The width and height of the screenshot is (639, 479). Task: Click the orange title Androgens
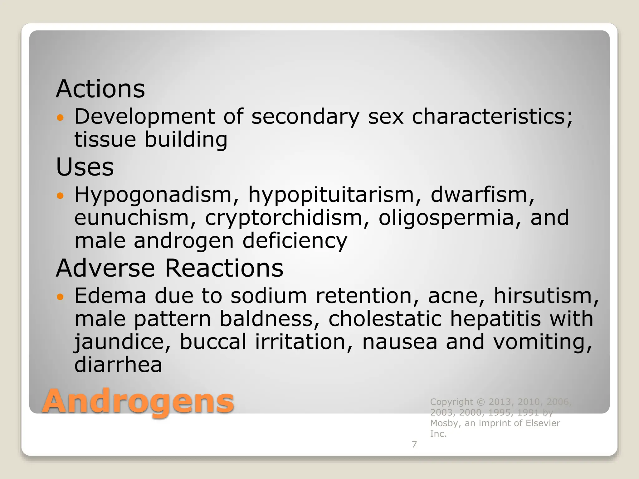tap(138, 401)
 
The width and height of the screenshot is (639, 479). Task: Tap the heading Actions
tap(100, 89)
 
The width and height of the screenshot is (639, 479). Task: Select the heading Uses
tap(85, 167)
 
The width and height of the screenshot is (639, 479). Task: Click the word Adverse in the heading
tap(105, 268)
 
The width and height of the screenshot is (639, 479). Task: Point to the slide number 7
tap(414, 444)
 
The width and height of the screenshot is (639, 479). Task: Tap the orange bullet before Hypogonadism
tap(60, 196)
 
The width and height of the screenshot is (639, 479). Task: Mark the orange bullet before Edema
tap(60, 297)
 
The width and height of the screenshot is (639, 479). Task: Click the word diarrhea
tap(118, 365)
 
